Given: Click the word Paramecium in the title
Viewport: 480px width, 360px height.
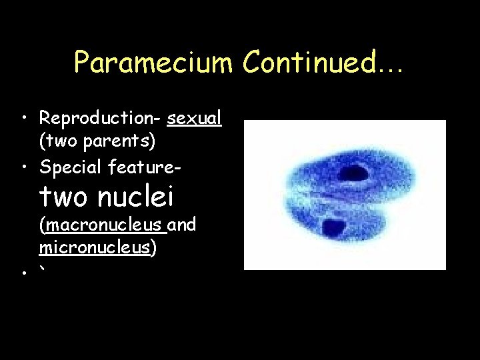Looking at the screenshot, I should [x=154, y=63].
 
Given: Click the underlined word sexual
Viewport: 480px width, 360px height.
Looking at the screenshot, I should [x=195, y=119].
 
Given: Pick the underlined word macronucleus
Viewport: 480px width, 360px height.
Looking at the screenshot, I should [x=103, y=225].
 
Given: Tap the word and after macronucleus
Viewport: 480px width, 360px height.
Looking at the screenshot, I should [x=182, y=225].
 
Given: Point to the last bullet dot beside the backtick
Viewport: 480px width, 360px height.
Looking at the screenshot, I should [x=23, y=273].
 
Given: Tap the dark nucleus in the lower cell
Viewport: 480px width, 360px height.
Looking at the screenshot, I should [x=333, y=228].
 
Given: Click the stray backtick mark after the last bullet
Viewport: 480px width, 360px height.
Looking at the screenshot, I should [x=43, y=268].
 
